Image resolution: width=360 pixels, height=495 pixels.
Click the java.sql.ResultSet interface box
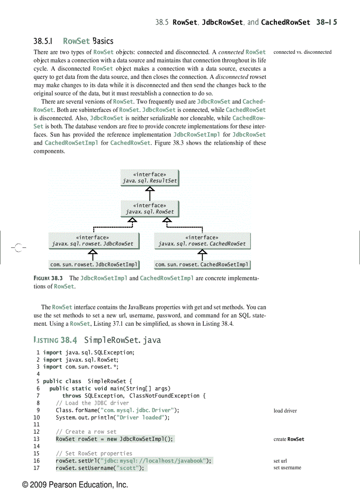tap(150, 178)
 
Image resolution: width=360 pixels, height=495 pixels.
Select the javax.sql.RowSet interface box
tap(150, 208)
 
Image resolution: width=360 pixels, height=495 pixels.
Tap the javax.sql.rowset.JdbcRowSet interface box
tap(93, 241)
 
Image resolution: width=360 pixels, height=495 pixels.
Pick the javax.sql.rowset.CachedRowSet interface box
tap(202, 241)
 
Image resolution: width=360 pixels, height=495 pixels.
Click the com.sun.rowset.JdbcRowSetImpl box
tap(94, 264)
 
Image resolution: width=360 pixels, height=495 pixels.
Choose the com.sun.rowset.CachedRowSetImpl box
tap(202, 264)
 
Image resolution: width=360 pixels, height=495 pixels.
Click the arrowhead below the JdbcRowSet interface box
tap(93, 252)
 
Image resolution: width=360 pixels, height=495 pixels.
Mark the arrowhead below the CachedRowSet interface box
tap(202, 252)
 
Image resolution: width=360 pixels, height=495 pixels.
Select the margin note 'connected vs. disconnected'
tap(302, 52)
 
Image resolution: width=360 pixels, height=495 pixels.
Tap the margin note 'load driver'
tap(285, 411)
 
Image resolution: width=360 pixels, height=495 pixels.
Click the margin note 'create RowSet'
tap(289, 439)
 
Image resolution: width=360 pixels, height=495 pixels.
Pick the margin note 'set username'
tap(287, 468)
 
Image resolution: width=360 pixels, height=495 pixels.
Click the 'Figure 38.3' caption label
tap(49, 279)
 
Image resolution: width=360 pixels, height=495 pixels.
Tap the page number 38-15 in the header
tap(326, 22)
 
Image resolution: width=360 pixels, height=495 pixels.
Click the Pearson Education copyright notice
tap(75, 485)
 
